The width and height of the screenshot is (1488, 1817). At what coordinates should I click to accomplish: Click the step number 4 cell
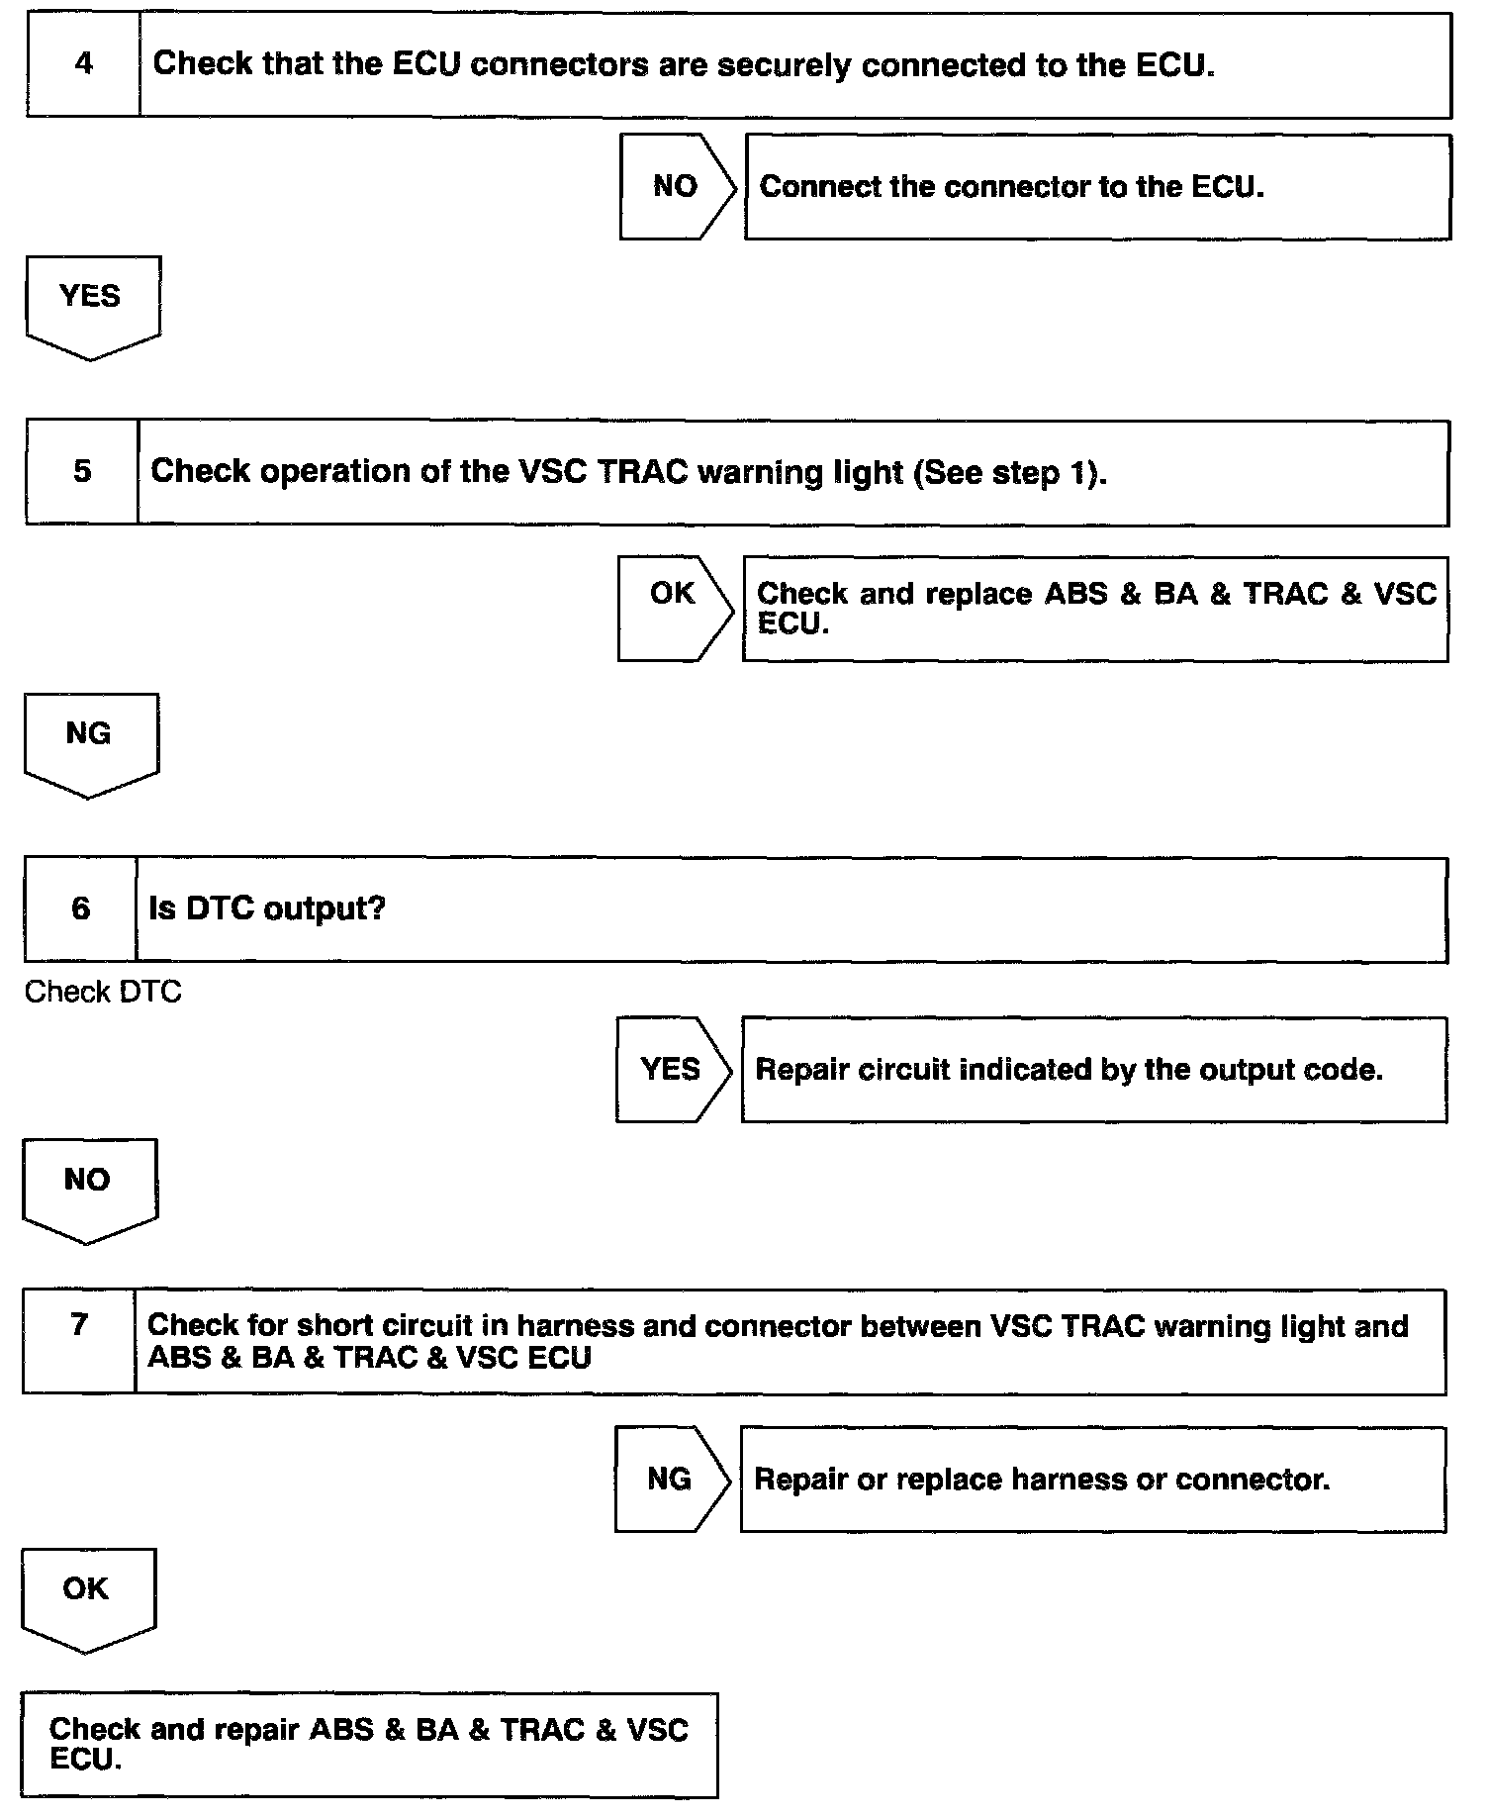83,65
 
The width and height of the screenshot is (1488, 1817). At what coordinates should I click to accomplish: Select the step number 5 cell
82,472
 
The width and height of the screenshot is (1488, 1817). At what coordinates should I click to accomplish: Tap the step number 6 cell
81,909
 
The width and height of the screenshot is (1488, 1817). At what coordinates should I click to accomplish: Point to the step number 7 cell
79,1341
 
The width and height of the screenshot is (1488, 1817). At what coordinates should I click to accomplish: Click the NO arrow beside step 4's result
677,186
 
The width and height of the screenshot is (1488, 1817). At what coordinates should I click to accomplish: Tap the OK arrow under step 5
674,608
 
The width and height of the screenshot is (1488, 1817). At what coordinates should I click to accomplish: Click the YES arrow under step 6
672,1069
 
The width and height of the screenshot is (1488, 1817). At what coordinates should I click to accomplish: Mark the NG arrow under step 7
671,1479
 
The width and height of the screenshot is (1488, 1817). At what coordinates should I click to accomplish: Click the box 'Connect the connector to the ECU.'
1097,187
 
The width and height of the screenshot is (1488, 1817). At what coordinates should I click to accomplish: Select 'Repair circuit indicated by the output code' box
1093,1070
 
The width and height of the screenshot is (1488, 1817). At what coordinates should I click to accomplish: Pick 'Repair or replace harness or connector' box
1092,1480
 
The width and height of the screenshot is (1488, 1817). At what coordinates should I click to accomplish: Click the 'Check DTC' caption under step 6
103,992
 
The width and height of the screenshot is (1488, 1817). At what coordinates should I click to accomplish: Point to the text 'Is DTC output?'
267,908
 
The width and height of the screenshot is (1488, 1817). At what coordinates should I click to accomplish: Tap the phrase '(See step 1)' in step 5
1010,472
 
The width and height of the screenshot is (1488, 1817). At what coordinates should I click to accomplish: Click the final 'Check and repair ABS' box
369,1744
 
